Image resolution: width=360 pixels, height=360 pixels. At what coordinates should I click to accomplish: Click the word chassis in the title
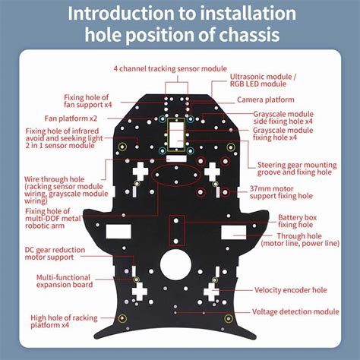(x=249, y=34)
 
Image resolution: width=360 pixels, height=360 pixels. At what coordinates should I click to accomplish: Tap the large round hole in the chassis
(x=175, y=264)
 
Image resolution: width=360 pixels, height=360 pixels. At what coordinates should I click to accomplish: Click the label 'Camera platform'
(x=266, y=99)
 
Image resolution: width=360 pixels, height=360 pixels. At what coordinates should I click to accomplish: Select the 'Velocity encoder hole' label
(x=291, y=290)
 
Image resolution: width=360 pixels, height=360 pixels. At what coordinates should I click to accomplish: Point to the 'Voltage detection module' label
(x=295, y=311)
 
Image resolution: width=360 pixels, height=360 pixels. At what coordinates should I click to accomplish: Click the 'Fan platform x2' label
(x=71, y=118)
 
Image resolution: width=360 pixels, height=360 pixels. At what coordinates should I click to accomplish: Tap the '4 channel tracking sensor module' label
(x=170, y=68)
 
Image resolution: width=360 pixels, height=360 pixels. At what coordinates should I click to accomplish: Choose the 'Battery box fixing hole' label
(x=297, y=221)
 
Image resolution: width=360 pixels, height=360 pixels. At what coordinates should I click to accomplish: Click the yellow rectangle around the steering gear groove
(x=168, y=134)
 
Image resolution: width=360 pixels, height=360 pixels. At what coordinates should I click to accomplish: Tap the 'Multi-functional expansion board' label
(x=65, y=281)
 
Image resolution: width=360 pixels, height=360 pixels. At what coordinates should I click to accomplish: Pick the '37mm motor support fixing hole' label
(x=281, y=192)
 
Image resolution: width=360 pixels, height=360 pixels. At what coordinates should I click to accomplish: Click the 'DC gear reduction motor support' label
(x=55, y=254)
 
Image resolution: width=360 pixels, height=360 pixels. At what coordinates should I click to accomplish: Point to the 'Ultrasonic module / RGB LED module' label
(x=263, y=81)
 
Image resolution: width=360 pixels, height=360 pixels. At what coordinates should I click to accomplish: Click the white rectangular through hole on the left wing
(x=118, y=232)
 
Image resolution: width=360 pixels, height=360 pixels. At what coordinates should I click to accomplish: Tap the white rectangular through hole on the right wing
(x=233, y=232)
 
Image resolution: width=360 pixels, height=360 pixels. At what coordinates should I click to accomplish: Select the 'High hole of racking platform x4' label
(x=64, y=321)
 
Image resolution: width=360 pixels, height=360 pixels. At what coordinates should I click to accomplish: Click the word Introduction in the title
(x=121, y=14)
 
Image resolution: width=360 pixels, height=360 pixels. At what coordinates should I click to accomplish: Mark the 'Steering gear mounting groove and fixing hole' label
(x=297, y=169)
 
